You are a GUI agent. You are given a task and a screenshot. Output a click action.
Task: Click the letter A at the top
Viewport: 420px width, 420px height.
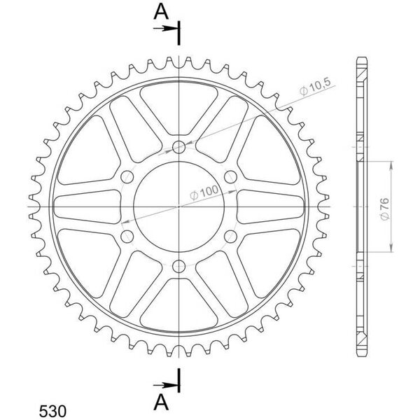click(161, 13)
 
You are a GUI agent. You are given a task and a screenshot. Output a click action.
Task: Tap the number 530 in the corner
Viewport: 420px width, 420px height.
click(52, 411)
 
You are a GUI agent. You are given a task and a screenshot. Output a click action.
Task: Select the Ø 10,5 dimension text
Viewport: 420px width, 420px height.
click(316, 87)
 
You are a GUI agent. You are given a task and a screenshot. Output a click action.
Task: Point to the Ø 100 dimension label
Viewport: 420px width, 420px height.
click(204, 192)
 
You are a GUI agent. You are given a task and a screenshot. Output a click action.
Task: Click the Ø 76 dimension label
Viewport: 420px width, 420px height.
click(384, 209)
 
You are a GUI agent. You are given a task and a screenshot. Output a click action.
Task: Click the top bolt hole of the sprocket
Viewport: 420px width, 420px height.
click(178, 147)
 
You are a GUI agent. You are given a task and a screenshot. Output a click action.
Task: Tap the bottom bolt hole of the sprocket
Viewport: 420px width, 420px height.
click(178, 266)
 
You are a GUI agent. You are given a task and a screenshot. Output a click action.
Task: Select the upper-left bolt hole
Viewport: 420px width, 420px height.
click(127, 177)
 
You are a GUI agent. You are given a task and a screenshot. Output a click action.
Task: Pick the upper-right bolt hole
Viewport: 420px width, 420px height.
click(230, 177)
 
